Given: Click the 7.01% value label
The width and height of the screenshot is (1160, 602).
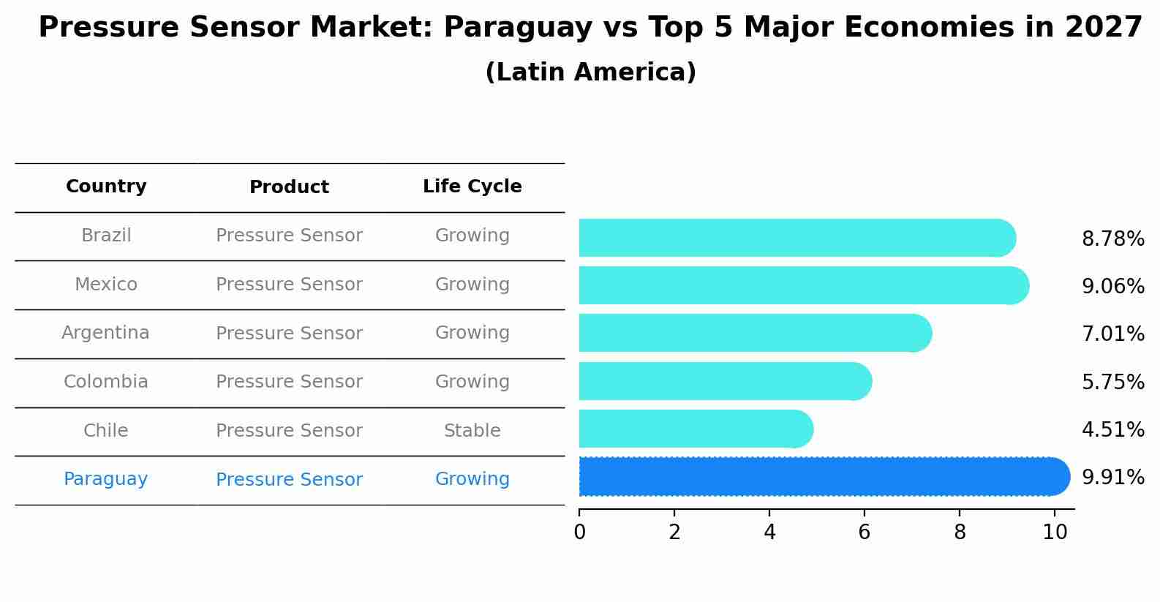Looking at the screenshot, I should pyautogui.click(x=1112, y=334).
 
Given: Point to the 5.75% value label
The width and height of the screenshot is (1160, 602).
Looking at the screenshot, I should pyautogui.click(x=1112, y=382).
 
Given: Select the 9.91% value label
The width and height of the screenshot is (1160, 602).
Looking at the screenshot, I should pyautogui.click(x=1112, y=478).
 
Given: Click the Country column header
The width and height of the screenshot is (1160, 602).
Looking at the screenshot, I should pyautogui.click(x=106, y=187).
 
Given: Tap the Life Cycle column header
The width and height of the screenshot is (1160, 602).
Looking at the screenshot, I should pyautogui.click(x=472, y=187).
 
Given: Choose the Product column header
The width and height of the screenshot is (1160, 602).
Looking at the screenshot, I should pyautogui.click(x=289, y=187).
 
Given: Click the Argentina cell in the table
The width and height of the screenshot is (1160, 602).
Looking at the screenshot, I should pyautogui.click(x=105, y=333).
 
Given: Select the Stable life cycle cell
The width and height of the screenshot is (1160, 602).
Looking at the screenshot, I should pyautogui.click(x=472, y=431).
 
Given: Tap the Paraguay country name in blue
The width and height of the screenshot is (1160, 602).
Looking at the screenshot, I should pyautogui.click(x=105, y=479).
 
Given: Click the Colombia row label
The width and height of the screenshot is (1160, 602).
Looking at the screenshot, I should pyautogui.click(x=105, y=382).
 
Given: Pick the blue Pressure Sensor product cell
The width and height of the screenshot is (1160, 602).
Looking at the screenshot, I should pyautogui.click(x=289, y=480).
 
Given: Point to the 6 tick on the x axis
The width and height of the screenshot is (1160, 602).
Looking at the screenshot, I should pyautogui.click(x=864, y=532).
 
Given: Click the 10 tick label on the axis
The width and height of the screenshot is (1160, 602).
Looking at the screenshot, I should pyautogui.click(x=1054, y=532).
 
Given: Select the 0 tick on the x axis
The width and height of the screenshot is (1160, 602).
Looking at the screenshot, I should pyautogui.click(x=579, y=532).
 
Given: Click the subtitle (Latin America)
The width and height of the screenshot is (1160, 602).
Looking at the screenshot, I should pyautogui.click(x=590, y=72).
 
